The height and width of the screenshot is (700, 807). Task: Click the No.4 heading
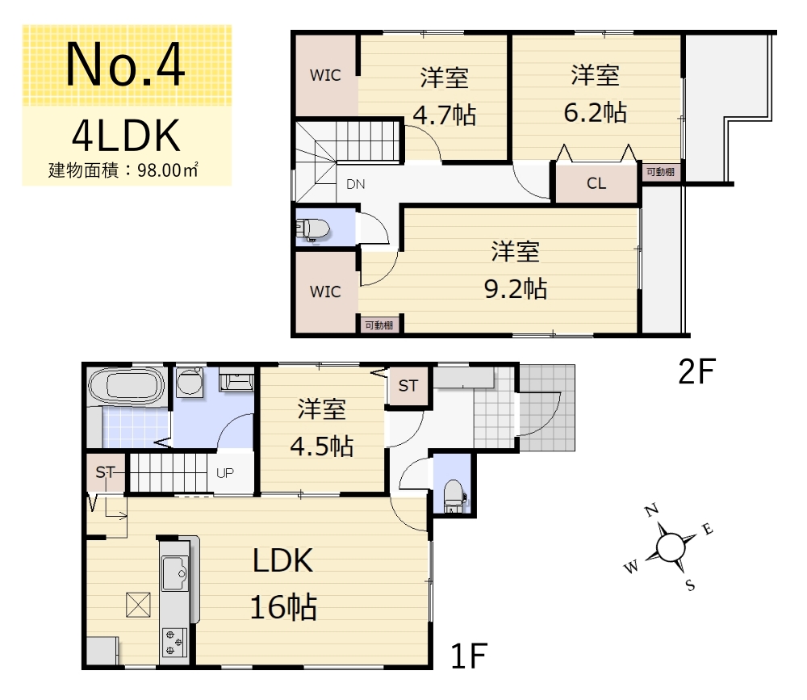click(125, 65)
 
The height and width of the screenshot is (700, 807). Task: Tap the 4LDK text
click(126, 135)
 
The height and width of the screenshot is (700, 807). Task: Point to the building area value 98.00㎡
click(168, 170)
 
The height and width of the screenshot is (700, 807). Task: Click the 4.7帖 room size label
click(444, 115)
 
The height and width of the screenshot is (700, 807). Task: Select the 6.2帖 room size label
click(595, 112)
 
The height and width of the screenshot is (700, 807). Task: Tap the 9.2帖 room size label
click(515, 288)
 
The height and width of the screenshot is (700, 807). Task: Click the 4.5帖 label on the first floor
click(322, 446)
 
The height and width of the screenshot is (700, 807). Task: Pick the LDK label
click(282, 560)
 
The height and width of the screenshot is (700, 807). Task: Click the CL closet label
click(596, 183)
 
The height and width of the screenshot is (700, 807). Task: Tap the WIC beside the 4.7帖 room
click(325, 75)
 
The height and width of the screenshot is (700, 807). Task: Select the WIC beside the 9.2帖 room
click(325, 292)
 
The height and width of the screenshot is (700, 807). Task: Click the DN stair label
click(356, 184)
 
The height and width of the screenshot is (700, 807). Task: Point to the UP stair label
click(225, 473)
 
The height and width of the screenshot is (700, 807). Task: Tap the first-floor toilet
click(454, 496)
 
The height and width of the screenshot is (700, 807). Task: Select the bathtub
click(127, 385)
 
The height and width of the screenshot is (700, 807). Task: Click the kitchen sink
click(175, 572)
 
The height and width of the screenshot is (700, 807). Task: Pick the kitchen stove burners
click(174, 643)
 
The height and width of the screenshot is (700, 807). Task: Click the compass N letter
click(652, 510)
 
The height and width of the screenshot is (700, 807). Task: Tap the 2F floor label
click(697, 371)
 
